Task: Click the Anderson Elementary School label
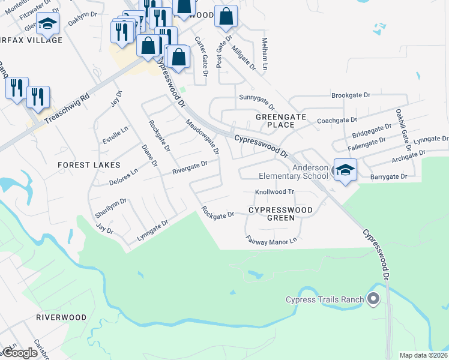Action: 294,172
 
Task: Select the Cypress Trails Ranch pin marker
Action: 373,298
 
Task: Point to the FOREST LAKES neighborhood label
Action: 89,164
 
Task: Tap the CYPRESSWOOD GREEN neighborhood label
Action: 281,214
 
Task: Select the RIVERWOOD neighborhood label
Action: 61,317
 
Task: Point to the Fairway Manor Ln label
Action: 271,239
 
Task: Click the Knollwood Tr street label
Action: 274,192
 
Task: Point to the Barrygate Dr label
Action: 388,177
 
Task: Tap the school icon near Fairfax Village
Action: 46,25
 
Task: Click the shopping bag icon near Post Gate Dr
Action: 226,17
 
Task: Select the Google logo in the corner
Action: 20,353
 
